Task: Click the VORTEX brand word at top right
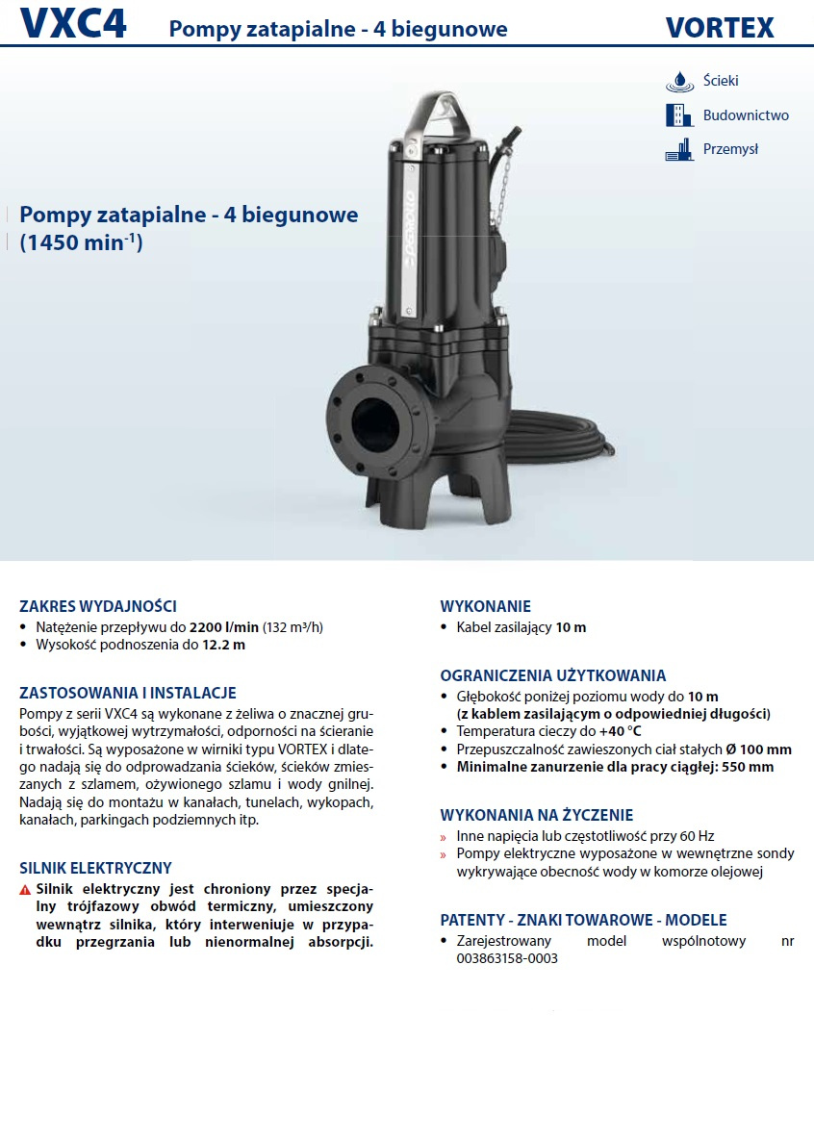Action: pos(720,28)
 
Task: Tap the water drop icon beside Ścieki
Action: pos(679,81)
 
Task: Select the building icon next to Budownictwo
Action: pos(679,115)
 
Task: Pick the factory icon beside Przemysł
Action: pos(679,149)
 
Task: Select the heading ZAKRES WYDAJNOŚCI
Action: pos(98,606)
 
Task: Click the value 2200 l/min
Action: pos(223,627)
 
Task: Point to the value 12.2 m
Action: pos(223,645)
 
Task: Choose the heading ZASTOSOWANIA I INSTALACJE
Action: pos(128,693)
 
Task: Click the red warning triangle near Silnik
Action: pos(25,890)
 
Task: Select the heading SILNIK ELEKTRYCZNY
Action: pos(96,868)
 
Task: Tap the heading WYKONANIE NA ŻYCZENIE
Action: pos(537,815)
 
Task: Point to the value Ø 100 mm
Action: pos(756,749)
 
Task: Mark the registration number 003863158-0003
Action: pos(499,958)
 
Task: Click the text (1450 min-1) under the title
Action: pos(81,243)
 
